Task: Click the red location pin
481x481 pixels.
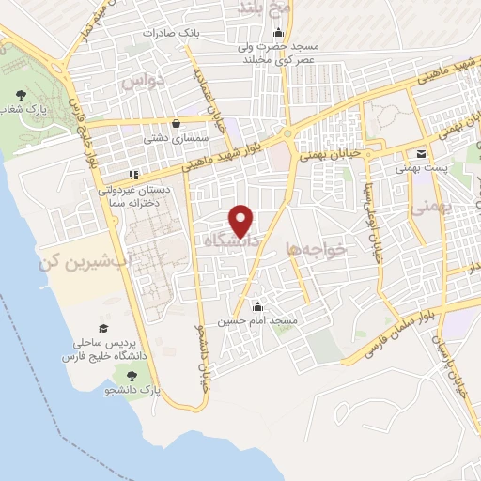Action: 242,220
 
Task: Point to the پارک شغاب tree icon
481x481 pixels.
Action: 21,95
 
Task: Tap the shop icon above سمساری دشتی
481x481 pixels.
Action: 176,122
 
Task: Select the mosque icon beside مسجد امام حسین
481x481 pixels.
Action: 257,307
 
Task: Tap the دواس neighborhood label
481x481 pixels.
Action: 172,82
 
